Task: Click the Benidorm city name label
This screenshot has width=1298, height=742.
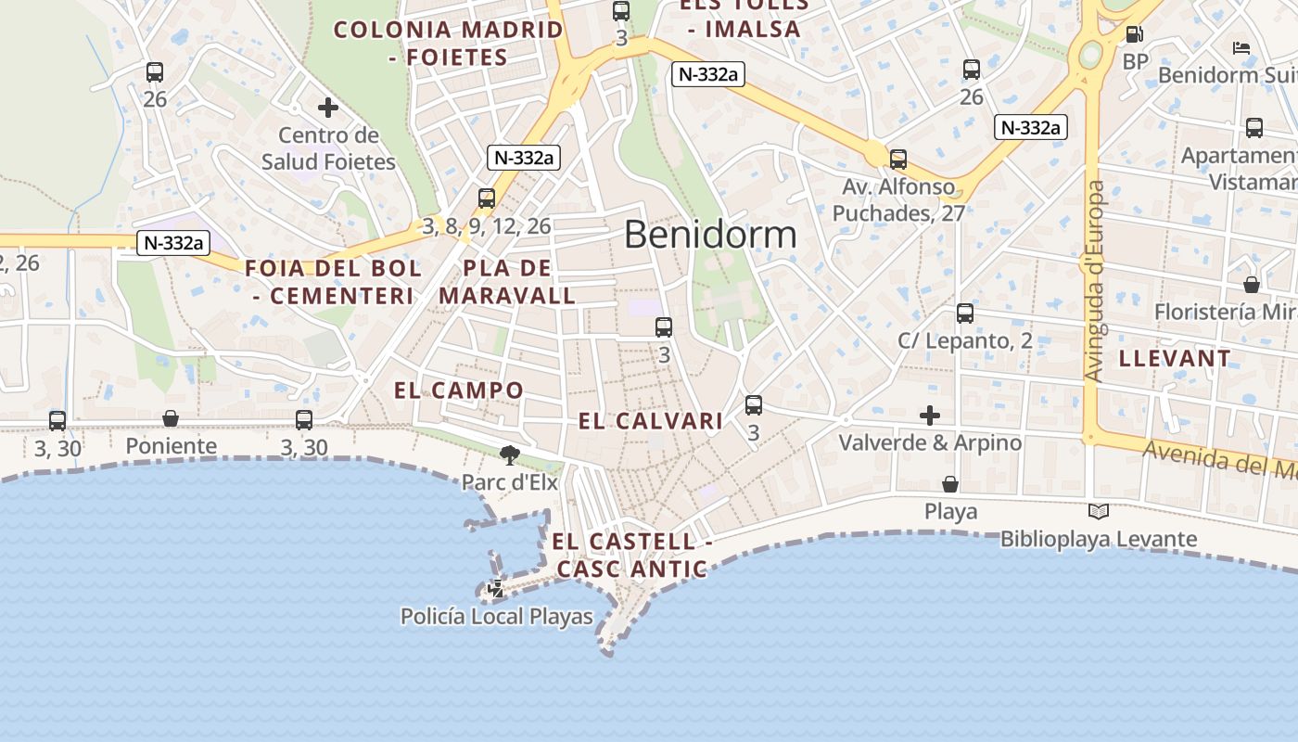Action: point(710,235)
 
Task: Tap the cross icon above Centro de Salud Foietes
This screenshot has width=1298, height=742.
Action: point(327,109)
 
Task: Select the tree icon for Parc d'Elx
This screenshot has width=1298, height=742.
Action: point(509,454)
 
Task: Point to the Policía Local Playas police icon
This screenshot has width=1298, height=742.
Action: point(497,588)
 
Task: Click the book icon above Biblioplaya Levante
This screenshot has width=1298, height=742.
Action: point(1098,511)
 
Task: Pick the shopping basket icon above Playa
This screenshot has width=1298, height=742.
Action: point(950,484)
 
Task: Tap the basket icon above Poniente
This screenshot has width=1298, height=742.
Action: point(171,418)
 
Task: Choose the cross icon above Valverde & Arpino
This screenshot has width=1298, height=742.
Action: point(930,416)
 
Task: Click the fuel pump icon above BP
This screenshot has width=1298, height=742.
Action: point(1134,35)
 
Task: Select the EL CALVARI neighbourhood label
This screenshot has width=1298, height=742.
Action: point(651,421)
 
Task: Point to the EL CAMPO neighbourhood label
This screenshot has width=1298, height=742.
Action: point(459,390)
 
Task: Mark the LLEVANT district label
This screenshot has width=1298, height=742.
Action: point(1175,358)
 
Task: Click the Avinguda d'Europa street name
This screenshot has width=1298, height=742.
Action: point(1095,281)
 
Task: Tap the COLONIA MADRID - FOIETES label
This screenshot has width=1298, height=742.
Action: point(449,44)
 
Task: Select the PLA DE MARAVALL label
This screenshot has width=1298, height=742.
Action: point(507,282)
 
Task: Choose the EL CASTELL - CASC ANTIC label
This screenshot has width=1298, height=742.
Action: point(631,555)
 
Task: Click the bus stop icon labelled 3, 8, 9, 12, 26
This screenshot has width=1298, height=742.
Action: point(487,198)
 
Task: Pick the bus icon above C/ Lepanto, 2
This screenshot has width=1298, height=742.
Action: point(965,313)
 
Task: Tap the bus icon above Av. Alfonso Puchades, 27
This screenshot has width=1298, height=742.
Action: point(897,160)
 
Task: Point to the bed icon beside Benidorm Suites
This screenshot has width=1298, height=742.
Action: point(1241,48)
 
